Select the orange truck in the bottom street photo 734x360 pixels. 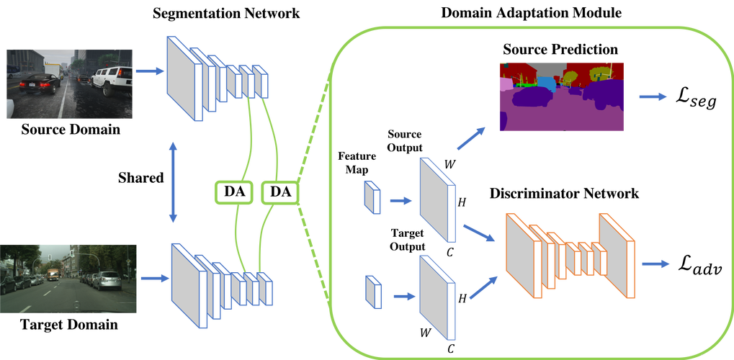(53, 274)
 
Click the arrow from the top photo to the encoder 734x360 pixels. (149, 71)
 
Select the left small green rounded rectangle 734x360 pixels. (234, 192)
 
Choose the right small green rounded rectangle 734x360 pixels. (279, 192)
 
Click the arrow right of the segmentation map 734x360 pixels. (653, 97)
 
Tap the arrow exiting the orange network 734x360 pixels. (655, 264)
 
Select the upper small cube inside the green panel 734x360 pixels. (372, 197)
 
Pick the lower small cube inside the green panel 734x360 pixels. (372, 291)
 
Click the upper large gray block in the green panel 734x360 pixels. (437, 199)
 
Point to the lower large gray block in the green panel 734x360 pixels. (437, 296)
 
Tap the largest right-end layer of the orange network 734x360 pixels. (617, 256)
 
